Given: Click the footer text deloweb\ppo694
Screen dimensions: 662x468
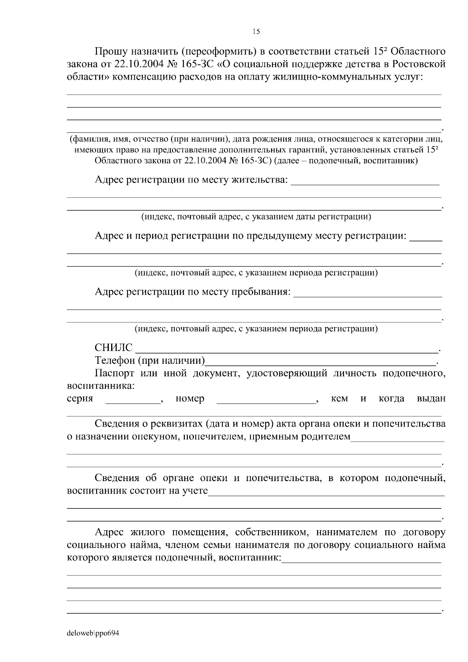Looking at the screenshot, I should (x=93, y=633).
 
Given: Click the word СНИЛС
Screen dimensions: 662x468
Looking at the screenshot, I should (x=113, y=347).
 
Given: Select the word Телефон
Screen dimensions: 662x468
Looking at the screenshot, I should (x=115, y=360).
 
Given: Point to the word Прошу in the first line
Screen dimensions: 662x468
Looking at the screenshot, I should (x=111, y=51).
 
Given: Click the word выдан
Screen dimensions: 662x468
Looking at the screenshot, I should (x=431, y=398).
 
